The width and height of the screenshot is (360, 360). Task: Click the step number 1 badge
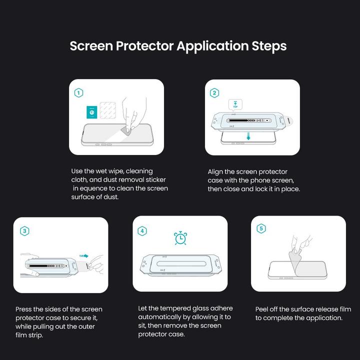coord(78,93)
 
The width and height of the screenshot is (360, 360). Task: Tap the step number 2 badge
coord(214,93)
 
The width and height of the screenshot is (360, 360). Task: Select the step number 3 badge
coord(24,230)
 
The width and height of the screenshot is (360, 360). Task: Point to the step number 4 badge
coord(142,230)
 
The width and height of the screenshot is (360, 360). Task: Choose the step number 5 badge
coord(260,229)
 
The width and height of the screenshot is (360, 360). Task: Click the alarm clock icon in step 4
coord(180,238)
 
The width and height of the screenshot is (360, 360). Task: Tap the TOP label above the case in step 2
coord(235,105)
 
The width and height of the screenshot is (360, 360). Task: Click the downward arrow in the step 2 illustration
coord(247,136)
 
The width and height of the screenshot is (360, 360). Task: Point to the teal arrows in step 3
coord(84,256)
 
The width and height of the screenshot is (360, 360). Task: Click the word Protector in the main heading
coord(145,46)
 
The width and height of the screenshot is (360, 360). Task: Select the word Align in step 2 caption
coord(216,172)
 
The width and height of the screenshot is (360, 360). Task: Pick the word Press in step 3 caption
coord(24,309)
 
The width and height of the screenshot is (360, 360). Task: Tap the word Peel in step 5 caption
coord(263,309)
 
